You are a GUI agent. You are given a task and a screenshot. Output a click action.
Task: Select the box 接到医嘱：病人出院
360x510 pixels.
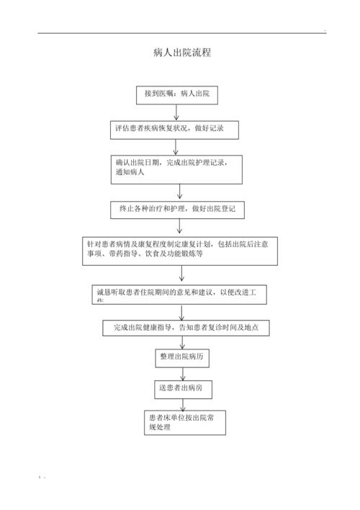[x=176, y=94]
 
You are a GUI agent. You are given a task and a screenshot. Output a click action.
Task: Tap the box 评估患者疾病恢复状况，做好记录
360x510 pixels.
[x=174, y=130]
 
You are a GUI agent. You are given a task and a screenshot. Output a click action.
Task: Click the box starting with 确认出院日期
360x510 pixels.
[x=176, y=169]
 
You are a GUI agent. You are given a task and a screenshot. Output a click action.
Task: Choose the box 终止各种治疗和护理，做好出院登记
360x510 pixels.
[x=178, y=210]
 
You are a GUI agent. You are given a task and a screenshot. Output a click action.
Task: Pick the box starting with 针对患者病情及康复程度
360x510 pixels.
[x=180, y=250]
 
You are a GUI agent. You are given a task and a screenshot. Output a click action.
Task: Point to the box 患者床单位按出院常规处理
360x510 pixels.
[x=184, y=422]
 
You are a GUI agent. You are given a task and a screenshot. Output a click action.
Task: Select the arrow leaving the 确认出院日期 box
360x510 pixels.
[x=180, y=192]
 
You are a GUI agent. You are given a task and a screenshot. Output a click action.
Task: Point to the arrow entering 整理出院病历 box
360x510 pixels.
[x=184, y=342]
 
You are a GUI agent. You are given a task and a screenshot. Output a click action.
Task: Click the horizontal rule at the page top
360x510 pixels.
[x=180, y=32]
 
